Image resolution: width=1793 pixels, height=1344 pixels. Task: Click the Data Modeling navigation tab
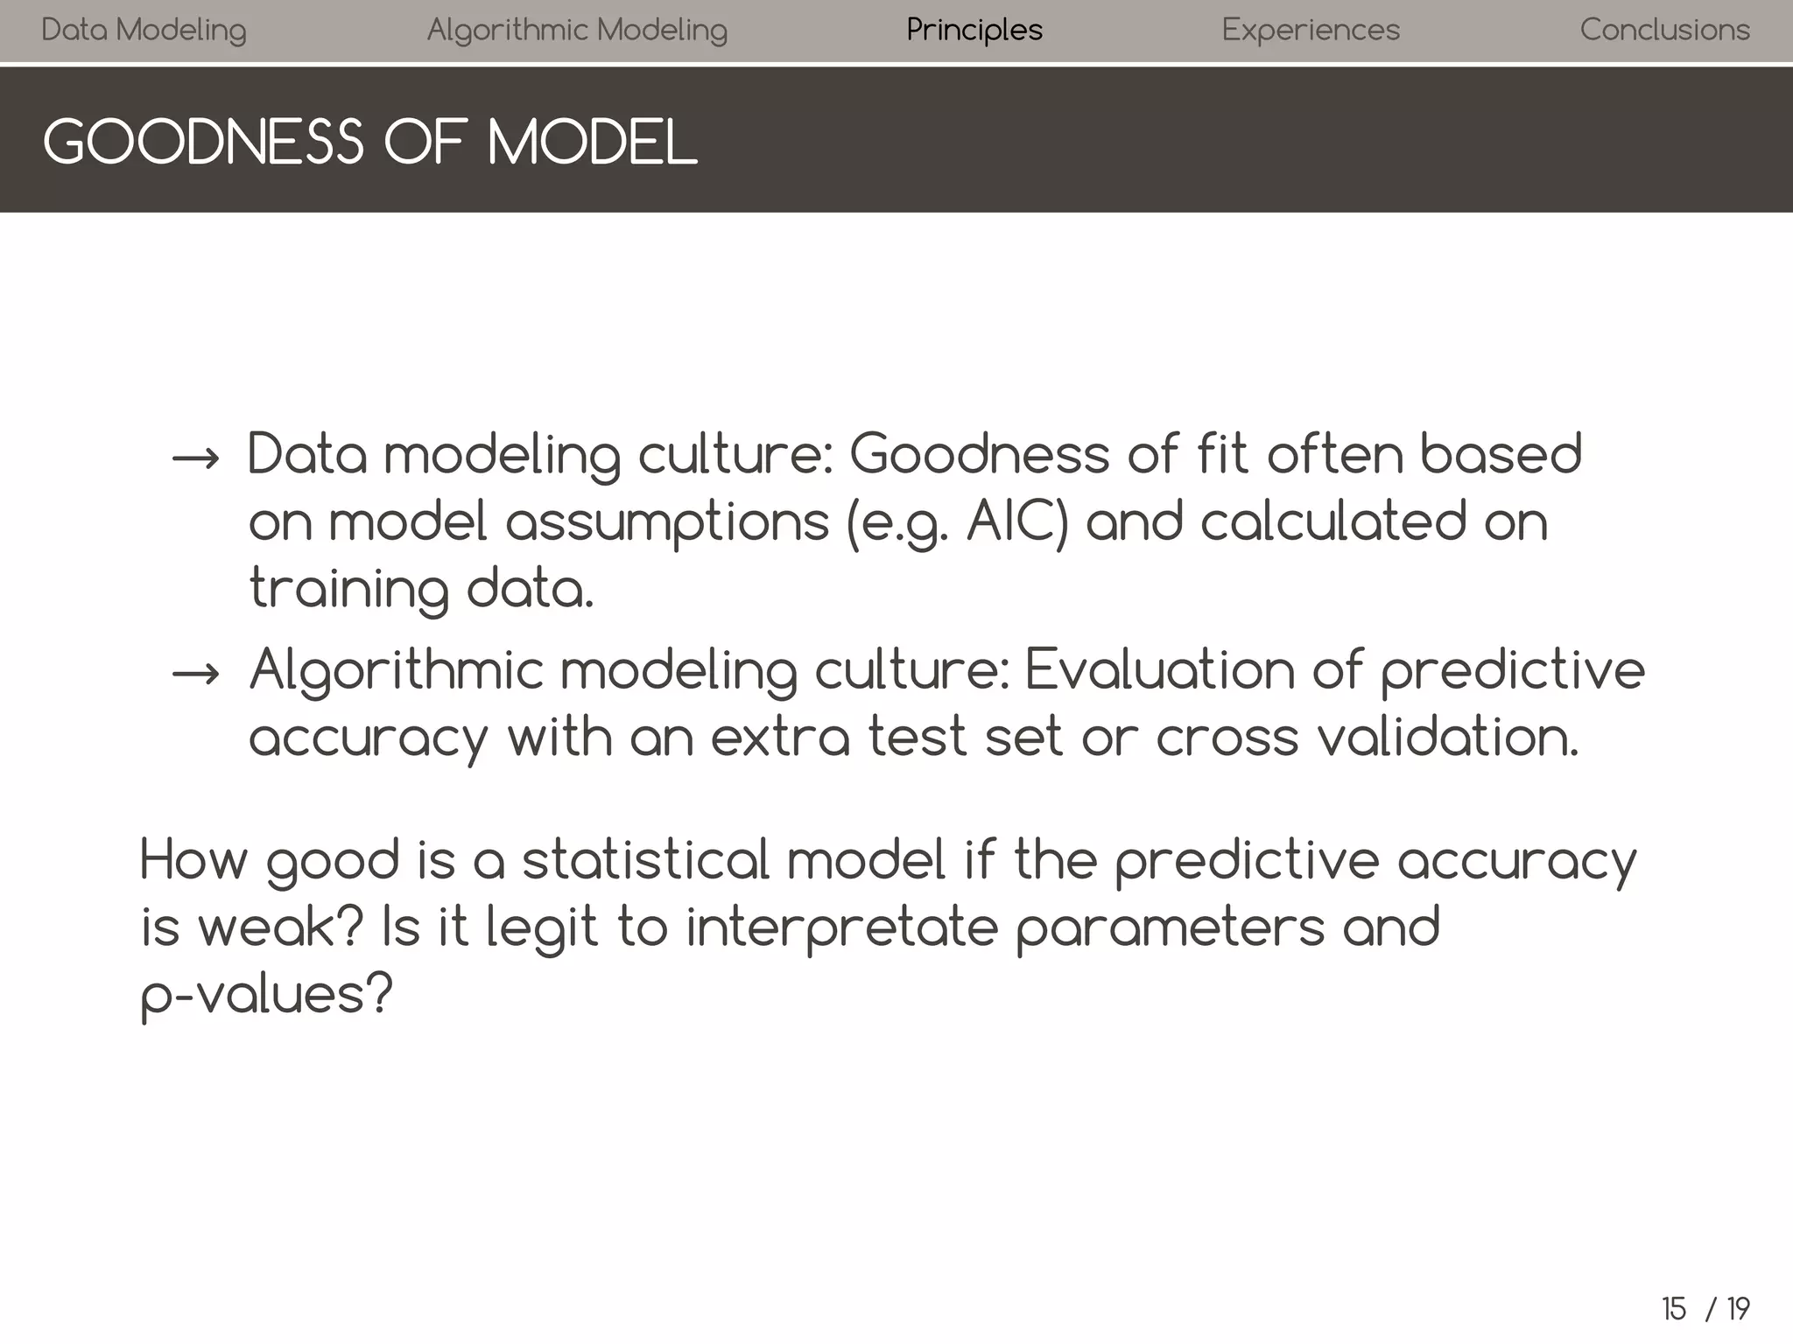point(144,31)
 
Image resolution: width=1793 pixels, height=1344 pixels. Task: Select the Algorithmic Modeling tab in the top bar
point(577,31)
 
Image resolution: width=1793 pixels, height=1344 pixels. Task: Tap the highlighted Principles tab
point(974,31)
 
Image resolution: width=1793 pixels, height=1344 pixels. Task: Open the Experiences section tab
point(1311,31)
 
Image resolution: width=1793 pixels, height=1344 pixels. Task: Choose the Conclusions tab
point(1664,31)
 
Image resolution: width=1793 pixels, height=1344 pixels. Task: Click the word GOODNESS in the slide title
point(202,143)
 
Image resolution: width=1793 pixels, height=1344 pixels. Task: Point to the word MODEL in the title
point(592,143)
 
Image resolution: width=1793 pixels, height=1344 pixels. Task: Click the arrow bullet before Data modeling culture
point(195,458)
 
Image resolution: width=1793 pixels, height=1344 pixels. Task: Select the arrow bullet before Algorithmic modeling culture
point(195,673)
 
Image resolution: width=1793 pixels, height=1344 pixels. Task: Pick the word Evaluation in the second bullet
point(1159,670)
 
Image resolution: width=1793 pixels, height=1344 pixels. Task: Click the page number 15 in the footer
point(1673,1309)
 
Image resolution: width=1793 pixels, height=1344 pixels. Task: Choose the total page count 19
point(1738,1309)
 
